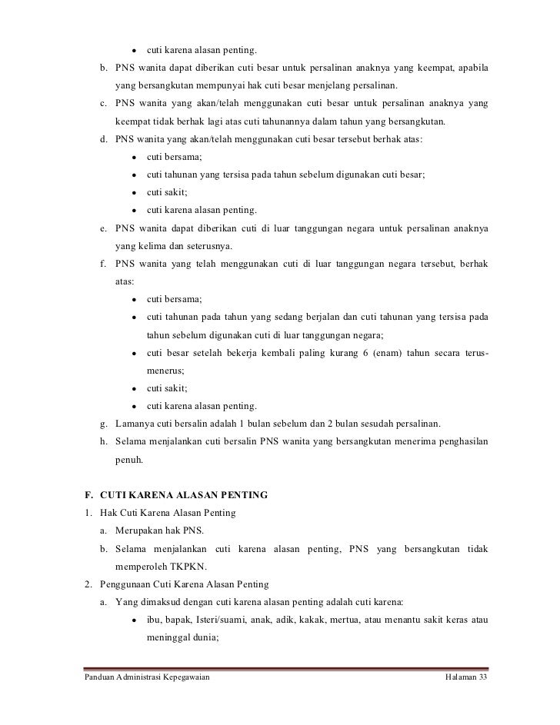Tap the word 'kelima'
[155, 247]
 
